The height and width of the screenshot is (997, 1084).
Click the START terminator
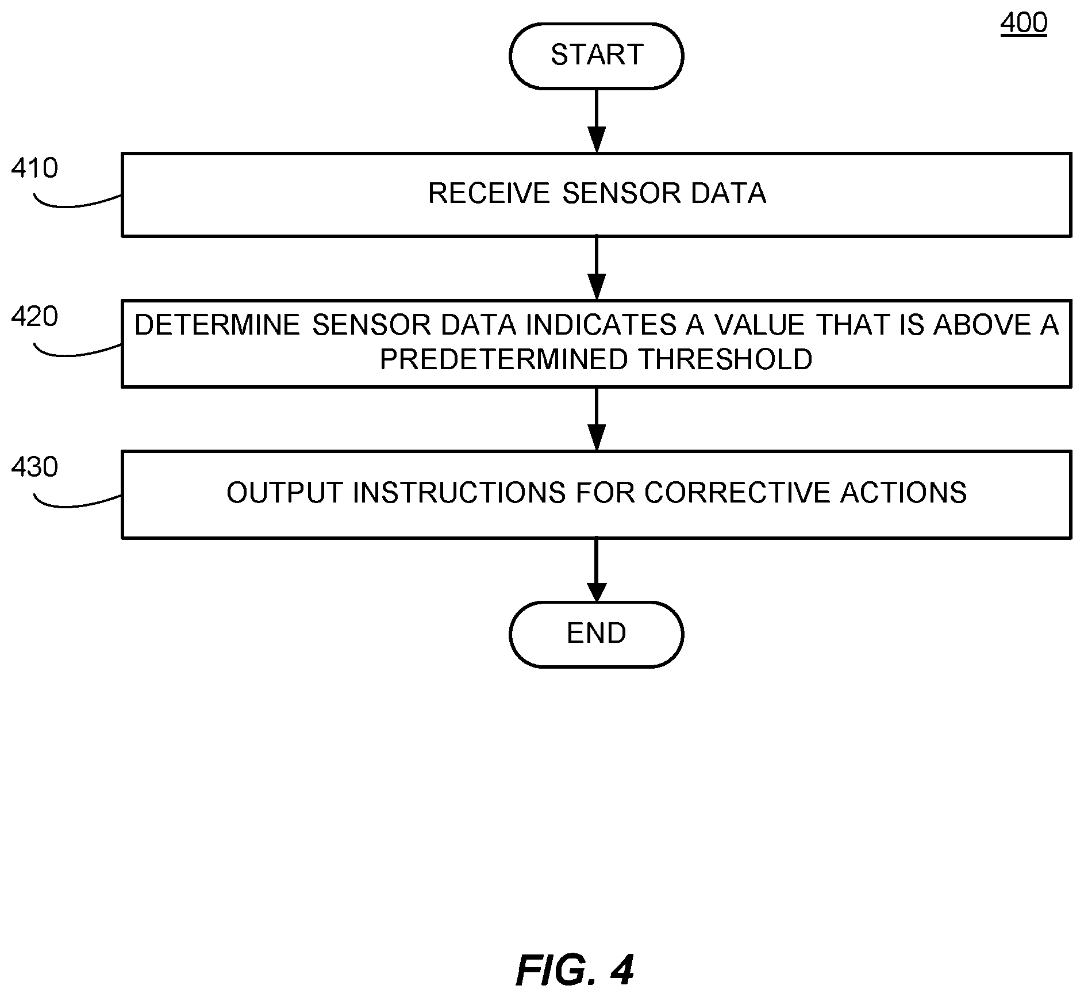(596, 56)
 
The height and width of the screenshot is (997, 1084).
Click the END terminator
(596, 634)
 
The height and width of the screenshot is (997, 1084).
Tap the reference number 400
(1024, 23)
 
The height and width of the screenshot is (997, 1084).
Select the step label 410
(34, 168)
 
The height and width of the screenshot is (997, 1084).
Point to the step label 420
(34, 317)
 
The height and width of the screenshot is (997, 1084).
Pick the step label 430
(34, 467)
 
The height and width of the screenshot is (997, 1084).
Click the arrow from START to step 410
(596, 121)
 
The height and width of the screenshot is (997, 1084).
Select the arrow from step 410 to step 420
(596, 268)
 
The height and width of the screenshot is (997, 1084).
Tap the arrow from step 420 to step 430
(596, 419)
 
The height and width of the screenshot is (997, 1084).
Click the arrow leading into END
(596, 570)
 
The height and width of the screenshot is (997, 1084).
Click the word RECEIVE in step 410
(489, 193)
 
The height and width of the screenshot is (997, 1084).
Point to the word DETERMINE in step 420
(217, 325)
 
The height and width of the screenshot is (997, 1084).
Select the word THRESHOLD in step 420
(725, 359)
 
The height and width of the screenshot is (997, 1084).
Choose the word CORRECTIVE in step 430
(736, 493)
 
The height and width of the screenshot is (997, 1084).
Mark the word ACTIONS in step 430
(904, 493)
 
